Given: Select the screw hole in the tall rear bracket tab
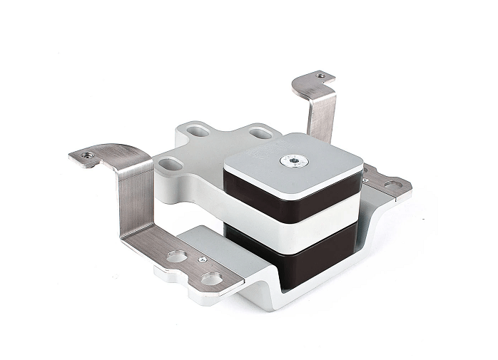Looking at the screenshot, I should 320,75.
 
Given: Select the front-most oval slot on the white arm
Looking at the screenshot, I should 170,164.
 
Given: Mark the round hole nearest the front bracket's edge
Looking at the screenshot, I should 210,278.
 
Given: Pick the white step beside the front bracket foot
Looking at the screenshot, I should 214,239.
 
